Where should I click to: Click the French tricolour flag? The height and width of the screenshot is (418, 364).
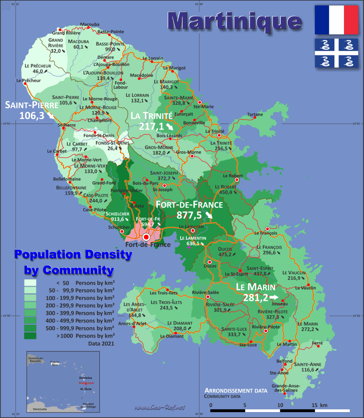(x=336, y=20)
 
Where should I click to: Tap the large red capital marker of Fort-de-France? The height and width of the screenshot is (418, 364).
(x=146, y=237)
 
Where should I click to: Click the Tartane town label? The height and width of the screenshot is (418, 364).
(x=255, y=114)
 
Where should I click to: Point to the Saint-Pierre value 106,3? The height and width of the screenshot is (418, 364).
(x=31, y=115)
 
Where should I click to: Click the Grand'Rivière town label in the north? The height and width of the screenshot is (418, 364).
(x=65, y=33)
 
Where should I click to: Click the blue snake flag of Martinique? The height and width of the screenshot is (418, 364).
(x=336, y=53)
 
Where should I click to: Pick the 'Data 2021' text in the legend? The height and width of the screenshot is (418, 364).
(x=101, y=344)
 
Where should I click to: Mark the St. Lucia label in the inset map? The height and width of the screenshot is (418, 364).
(x=85, y=389)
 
